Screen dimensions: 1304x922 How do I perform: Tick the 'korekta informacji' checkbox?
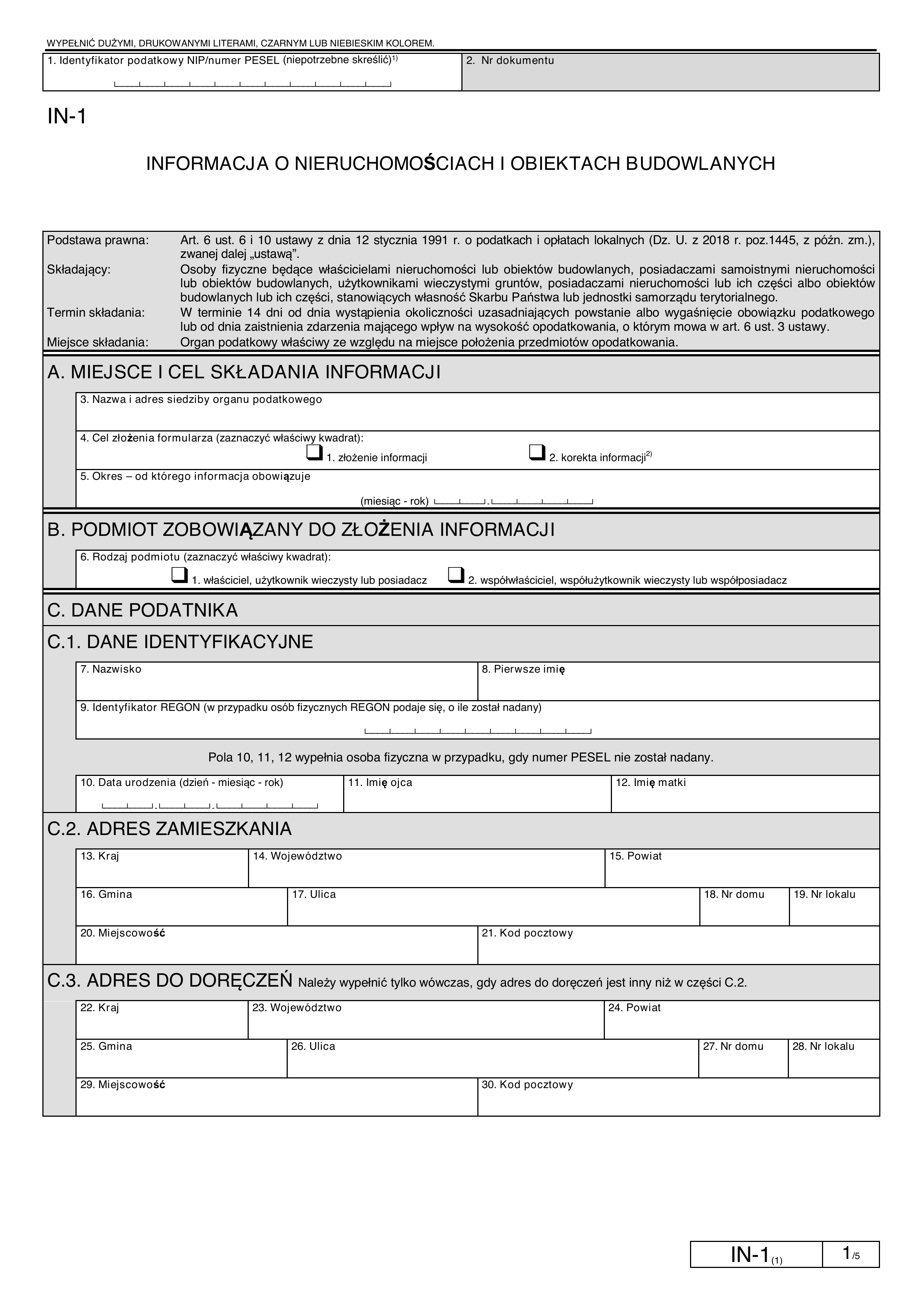pos(536,453)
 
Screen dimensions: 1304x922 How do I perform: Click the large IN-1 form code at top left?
pos(67,116)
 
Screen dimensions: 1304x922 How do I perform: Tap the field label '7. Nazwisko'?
pos(111,669)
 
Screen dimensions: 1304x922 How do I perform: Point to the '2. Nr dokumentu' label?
pos(510,60)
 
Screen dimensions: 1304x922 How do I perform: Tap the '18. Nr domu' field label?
pos(734,894)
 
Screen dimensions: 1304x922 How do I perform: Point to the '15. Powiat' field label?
pos(635,856)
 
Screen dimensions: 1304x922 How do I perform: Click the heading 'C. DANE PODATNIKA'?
pos(143,611)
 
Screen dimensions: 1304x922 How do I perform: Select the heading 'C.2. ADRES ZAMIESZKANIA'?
pos(169,829)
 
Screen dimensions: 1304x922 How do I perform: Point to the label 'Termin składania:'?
pos(96,313)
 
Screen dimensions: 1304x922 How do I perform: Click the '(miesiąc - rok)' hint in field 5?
pos(394,501)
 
